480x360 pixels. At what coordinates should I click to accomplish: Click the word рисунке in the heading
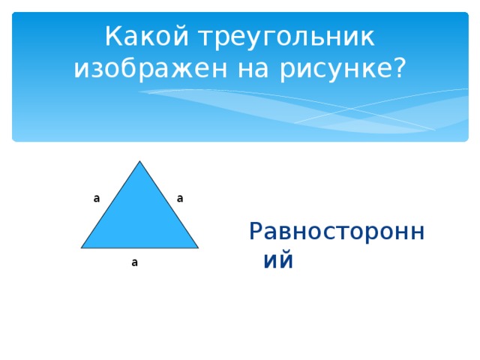coord(334,69)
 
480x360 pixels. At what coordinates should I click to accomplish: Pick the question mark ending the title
coord(397,69)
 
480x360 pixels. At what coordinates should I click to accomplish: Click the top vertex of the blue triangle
coord(139,161)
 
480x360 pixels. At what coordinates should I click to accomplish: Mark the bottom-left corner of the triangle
coord(82,247)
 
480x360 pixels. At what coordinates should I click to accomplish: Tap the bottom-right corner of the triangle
coord(197,247)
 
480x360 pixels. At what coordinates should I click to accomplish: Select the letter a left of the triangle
coord(97,199)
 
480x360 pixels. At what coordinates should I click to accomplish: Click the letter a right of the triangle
coord(181,199)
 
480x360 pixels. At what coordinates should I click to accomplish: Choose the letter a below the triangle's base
coord(134,262)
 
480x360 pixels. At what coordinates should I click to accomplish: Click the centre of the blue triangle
coord(139,218)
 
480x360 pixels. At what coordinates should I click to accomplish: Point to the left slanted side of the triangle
coord(111,204)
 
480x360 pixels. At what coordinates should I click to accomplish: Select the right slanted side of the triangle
coord(168,204)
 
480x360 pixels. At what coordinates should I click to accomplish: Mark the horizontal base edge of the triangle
coord(139,247)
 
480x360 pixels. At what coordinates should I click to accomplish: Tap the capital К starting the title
coord(112,36)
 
